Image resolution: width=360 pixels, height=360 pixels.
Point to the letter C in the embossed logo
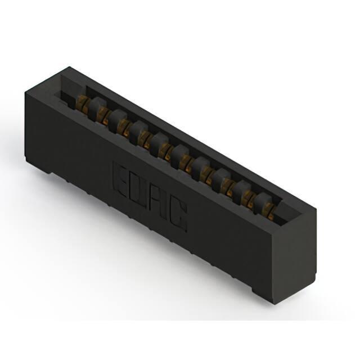[178, 216]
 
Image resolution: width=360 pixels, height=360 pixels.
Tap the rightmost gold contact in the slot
[271, 213]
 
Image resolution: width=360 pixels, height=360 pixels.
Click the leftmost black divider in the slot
[97, 109]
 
